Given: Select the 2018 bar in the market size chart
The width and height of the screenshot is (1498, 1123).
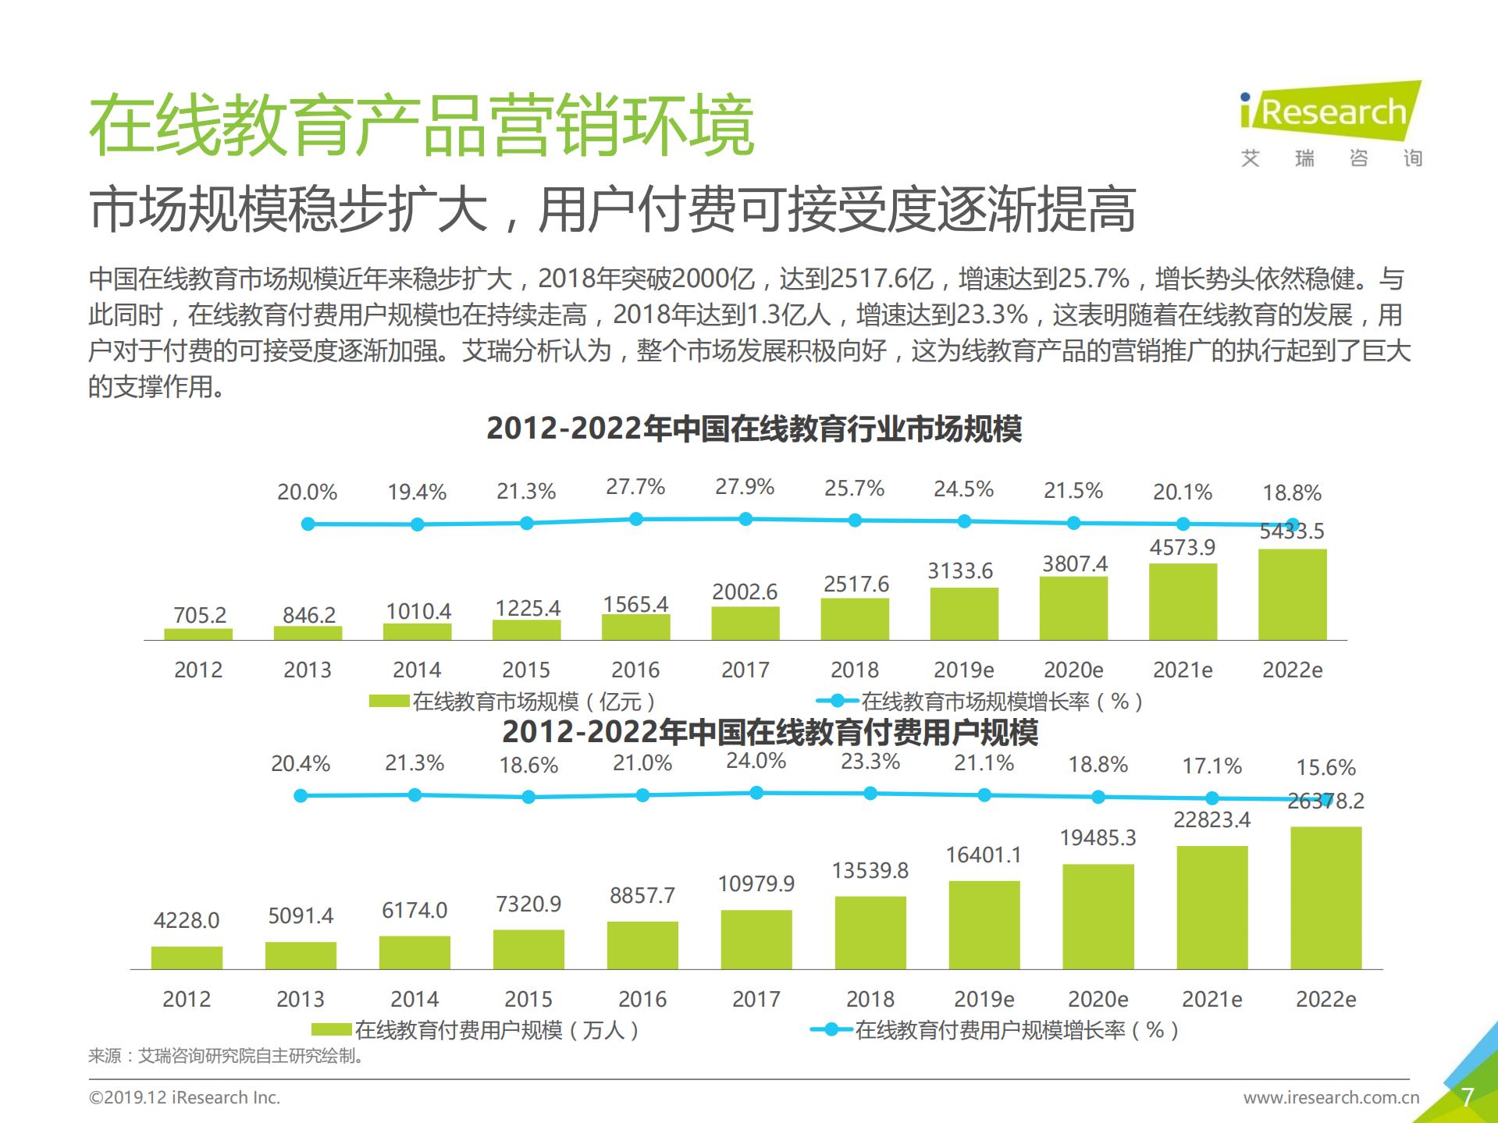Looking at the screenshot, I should [855, 620].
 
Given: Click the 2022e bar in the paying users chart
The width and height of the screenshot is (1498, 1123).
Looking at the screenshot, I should [1325, 897].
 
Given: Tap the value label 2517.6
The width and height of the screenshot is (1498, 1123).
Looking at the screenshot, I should [856, 584].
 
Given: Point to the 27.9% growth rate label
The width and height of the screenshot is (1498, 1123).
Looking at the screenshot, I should [745, 487].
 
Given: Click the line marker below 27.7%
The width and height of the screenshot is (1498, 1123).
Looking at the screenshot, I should [636, 519].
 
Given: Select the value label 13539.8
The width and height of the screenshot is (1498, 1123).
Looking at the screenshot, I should [870, 870].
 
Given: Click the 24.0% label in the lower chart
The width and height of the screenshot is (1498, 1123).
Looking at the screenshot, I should [756, 761].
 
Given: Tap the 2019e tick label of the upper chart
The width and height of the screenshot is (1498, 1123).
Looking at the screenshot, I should [963, 670].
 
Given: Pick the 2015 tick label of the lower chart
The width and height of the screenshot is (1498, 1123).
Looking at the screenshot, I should [528, 999].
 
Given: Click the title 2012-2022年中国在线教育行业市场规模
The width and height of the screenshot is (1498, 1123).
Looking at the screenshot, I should [754, 428].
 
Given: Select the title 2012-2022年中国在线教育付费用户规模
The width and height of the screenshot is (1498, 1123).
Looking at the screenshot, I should [770, 732].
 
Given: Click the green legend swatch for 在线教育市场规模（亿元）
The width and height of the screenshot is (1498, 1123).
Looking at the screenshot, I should [389, 701].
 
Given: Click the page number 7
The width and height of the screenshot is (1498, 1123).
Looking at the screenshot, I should [1467, 1097].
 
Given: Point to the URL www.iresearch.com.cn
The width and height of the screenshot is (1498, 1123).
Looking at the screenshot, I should [1331, 1097].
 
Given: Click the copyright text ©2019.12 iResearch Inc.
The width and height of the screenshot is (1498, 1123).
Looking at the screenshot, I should [184, 1097].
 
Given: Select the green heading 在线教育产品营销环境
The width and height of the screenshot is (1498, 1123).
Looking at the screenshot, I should [422, 125].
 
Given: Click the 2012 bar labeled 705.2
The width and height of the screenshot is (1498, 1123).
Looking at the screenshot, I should [198, 634].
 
